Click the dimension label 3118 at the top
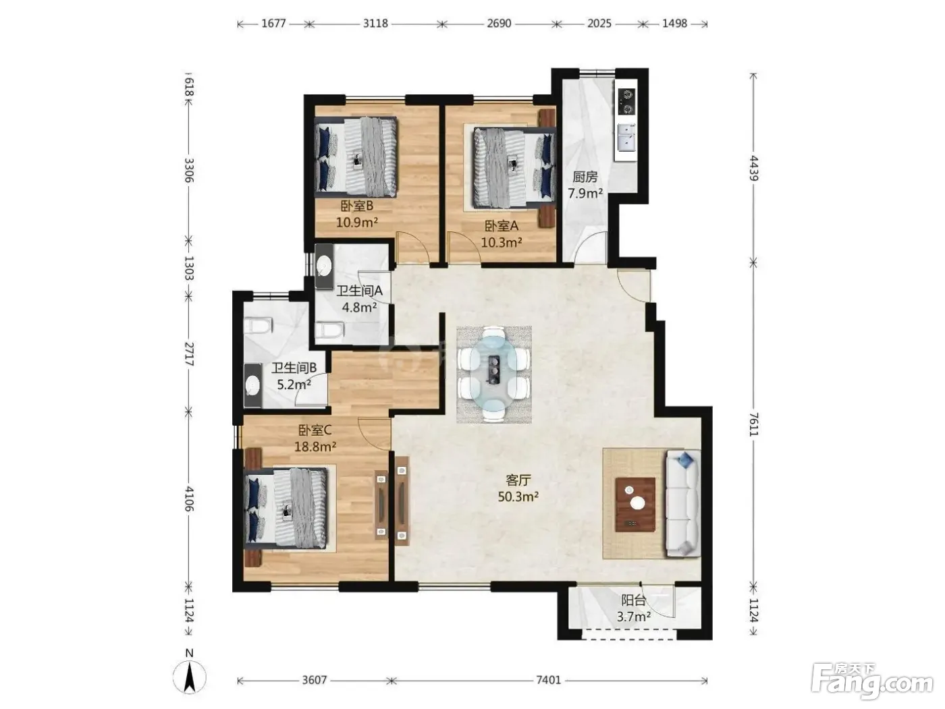(375, 23)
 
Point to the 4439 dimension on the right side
(754, 168)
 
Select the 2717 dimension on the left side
(188, 353)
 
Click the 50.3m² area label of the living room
(518, 497)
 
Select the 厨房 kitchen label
(585, 177)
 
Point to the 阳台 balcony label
(633, 600)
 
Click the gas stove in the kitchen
(626, 102)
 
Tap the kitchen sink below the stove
(626, 138)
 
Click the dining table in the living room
(494, 374)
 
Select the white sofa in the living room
(684, 503)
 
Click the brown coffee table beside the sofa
(635, 505)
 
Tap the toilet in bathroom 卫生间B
(259, 326)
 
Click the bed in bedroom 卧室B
(356, 157)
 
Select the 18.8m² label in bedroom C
(315, 447)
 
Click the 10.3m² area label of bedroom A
(502, 243)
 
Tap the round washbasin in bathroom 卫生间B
(252, 385)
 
